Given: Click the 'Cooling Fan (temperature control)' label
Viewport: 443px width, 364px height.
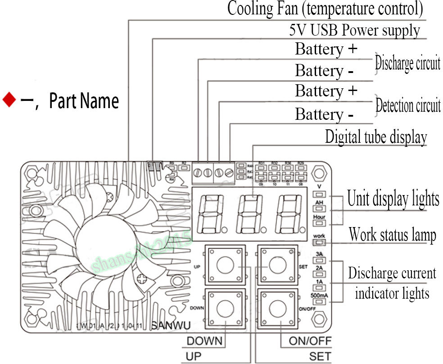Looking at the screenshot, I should (x=325, y=9).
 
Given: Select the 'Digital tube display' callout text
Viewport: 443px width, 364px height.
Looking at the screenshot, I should (x=376, y=136).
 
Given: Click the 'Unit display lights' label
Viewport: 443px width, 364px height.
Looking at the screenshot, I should (x=393, y=199).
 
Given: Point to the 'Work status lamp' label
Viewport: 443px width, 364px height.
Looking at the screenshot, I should (x=392, y=235).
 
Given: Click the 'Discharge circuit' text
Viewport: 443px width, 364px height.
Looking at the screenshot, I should (x=407, y=64).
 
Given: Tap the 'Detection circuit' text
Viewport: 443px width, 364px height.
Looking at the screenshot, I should (x=408, y=106).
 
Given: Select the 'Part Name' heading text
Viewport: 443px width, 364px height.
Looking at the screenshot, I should (x=84, y=101).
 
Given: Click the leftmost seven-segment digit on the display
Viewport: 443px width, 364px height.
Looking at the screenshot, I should (x=211, y=214).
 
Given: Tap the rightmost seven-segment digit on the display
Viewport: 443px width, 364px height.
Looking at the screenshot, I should (x=289, y=214).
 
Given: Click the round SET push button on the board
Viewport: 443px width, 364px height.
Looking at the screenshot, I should (x=276, y=266).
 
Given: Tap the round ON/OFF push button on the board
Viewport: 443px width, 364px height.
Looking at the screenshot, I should (x=276, y=309).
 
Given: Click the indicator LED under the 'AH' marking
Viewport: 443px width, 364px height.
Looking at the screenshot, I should (x=319, y=209).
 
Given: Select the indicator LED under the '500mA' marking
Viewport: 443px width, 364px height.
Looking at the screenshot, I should (x=319, y=301).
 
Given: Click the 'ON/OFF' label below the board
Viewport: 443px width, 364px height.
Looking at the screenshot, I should (x=310, y=341).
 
